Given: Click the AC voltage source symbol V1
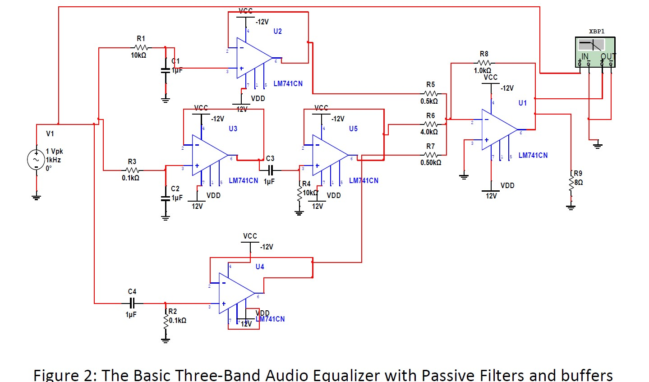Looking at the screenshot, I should [36, 160].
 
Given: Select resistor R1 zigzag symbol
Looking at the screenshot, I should [141, 47].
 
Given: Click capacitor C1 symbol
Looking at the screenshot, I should [166, 70].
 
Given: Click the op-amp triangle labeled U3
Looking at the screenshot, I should [208, 155].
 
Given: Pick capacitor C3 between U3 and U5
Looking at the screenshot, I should [270, 170].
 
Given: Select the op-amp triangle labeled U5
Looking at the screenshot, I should [328, 155].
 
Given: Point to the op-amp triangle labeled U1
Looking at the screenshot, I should [497, 129].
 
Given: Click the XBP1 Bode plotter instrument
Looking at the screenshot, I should [595, 52].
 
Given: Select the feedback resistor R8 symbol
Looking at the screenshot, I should [484, 63].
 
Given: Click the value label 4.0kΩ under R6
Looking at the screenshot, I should [429, 132].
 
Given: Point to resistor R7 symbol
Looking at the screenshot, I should [431, 155].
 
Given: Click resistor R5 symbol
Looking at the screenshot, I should [431, 93].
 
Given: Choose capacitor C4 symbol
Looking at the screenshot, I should [132, 303].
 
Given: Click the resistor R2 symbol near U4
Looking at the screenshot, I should [166, 320].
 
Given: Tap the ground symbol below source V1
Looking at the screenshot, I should [37, 196].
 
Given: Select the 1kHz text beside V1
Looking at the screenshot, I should [53, 160].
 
